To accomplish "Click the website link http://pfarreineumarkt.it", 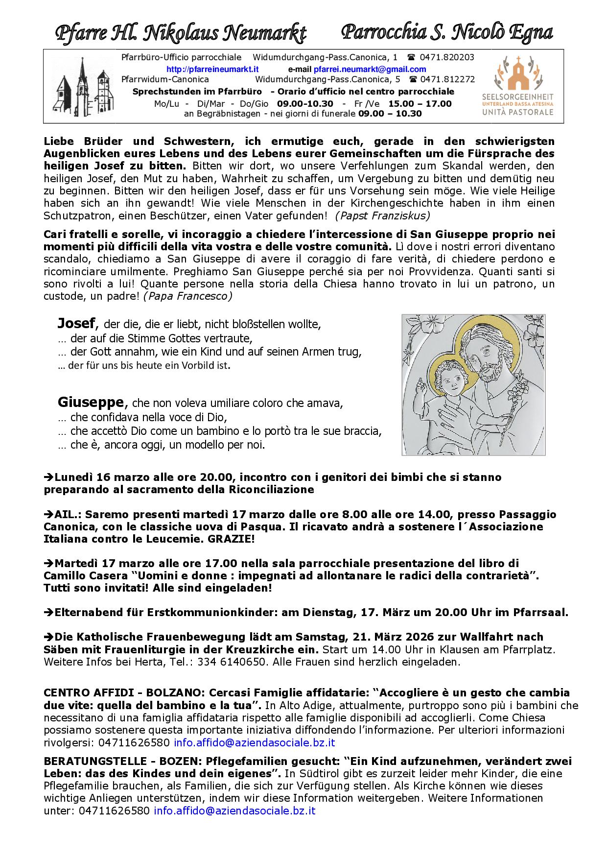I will click(212, 69).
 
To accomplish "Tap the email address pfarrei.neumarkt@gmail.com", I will click(370, 69).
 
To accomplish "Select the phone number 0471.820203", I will click(447, 57).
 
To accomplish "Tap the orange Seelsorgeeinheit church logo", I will click(518, 73).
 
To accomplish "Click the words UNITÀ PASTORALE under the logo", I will click(517, 112).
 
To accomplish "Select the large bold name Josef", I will click(76, 323).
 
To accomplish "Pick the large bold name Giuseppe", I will click(91, 402).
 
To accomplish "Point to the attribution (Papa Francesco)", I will click(187, 296).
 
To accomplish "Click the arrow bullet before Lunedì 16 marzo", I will click(48, 477).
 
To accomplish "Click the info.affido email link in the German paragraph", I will click(234, 811).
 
